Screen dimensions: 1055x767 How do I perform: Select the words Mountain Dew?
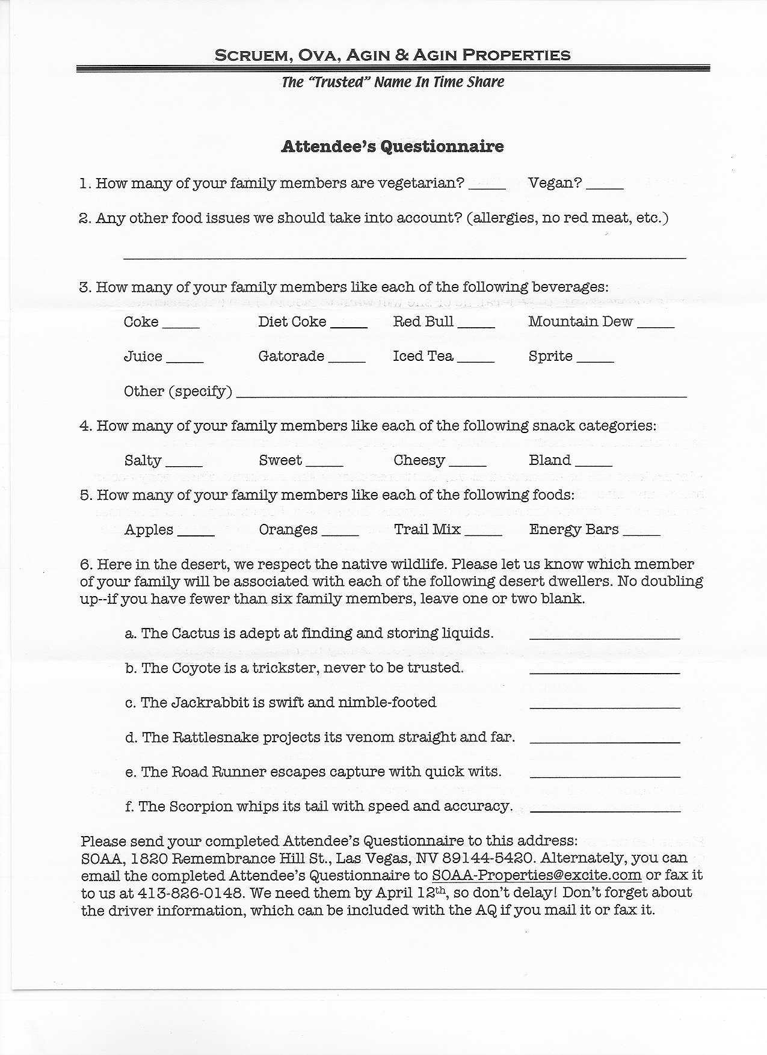pos(581,322)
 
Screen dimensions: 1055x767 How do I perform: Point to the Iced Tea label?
pos(423,356)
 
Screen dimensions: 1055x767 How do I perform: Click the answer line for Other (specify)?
pos(461,395)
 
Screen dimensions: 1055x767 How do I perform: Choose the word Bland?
pos(550,460)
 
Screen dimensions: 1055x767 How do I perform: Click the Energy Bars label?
pos(574,529)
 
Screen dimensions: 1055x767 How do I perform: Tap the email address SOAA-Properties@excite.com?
pos(537,876)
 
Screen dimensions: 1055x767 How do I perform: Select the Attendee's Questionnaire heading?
pos(392,146)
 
